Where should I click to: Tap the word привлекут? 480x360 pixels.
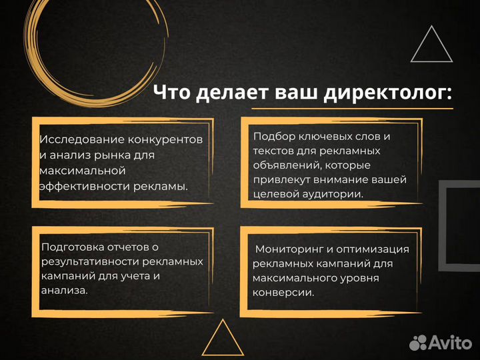pyautogui.click(x=281, y=179)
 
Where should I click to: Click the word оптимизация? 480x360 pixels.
pyautogui.click(x=377, y=249)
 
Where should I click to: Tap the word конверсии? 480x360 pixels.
pyautogui.click(x=283, y=293)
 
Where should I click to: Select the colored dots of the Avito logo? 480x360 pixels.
pyautogui.click(x=418, y=343)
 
